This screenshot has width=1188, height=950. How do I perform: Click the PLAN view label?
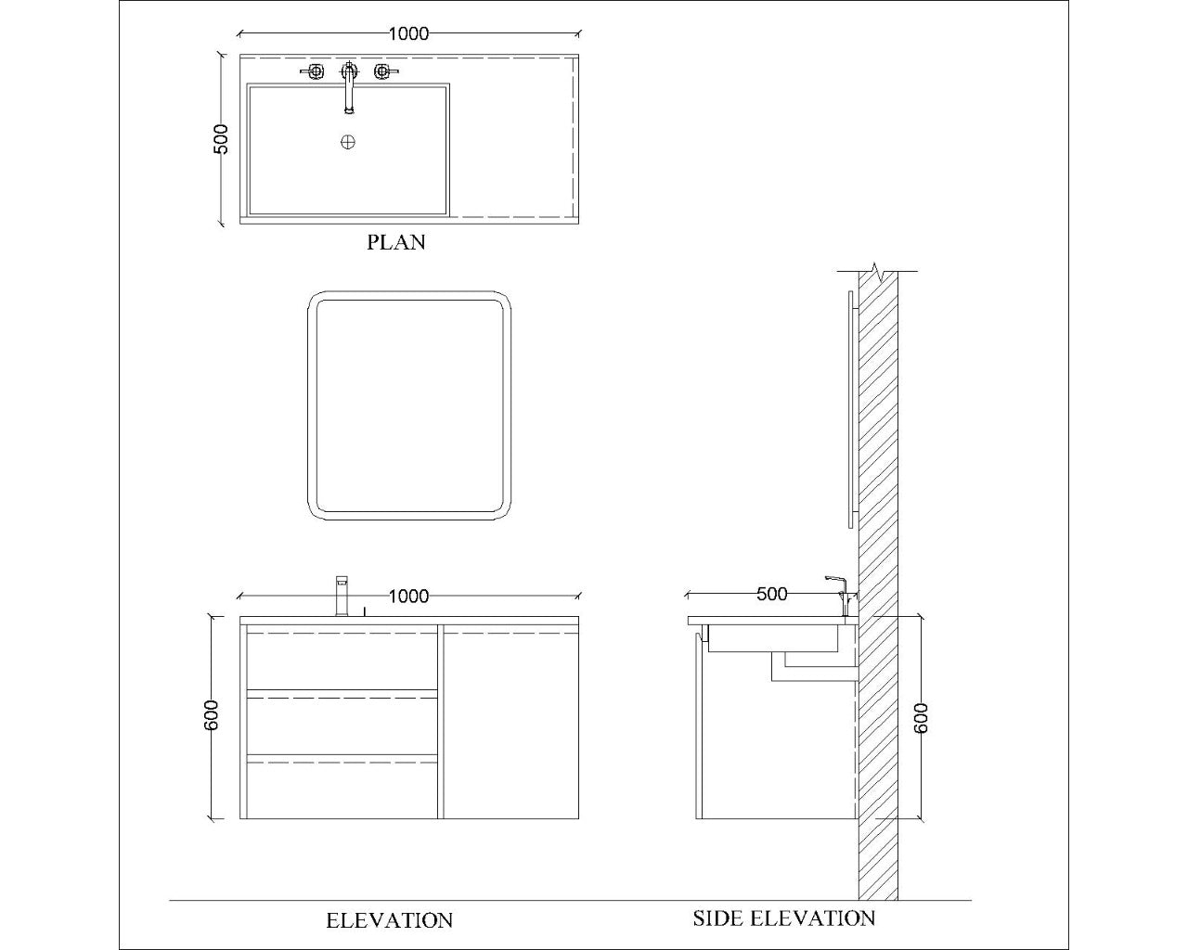click(x=396, y=242)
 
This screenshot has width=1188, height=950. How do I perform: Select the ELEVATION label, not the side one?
click(x=389, y=920)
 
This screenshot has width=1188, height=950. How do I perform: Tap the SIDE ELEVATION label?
click(x=783, y=918)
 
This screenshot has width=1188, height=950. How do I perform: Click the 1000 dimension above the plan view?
click(x=408, y=34)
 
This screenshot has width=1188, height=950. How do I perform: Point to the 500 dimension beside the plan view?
click(x=221, y=139)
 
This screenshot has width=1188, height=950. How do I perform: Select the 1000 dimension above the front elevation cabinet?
click(x=408, y=596)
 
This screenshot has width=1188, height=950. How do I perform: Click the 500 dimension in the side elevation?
click(x=771, y=594)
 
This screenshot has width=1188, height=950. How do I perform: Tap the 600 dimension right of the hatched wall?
click(x=921, y=717)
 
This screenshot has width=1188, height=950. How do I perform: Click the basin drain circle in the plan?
click(x=348, y=142)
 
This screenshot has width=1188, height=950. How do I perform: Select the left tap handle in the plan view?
click(x=315, y=71)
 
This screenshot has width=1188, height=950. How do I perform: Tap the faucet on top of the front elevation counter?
click(x=341, y=596)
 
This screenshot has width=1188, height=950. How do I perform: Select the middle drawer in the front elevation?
click(x=342, y=725)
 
